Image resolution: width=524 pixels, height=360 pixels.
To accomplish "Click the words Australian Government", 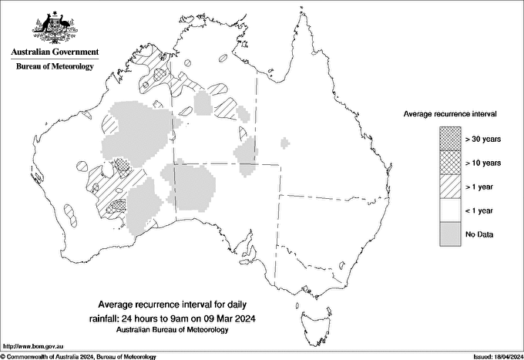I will point(55,52).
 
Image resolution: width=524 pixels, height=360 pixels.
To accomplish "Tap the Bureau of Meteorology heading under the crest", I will point(55,66).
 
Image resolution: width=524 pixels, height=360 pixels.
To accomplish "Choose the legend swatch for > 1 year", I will point(450,186).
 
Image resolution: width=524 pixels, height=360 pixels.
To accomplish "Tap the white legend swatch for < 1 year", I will point(450,210).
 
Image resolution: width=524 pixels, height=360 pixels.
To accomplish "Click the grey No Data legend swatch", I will point(450,234).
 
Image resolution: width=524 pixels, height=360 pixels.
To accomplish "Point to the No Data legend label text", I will point(479,234).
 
